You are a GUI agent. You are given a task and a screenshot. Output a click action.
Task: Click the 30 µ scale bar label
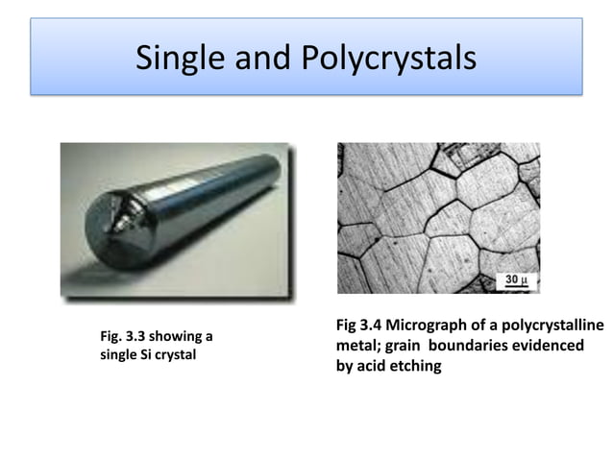tap(514, 280)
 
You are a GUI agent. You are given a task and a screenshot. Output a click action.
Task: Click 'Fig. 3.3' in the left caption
tap(121, 335)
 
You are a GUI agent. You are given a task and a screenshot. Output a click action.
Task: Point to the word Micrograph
tap(424, 326)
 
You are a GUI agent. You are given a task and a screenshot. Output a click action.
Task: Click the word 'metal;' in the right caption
tap(357, 346)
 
